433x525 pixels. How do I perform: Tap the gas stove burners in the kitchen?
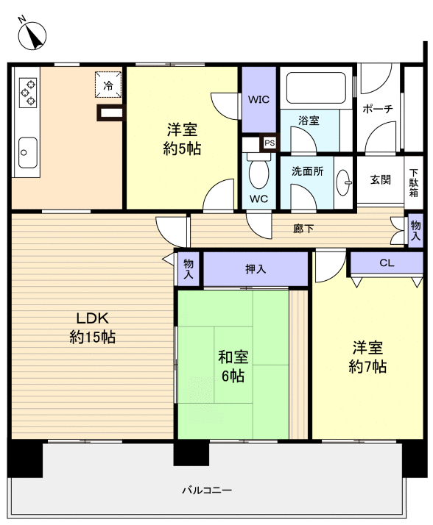click(x=27, y=93)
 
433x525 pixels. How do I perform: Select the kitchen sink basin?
click(x=27, y=152)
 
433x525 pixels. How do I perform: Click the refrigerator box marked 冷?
click(x=108, y=85)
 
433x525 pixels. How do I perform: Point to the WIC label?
click(x=258, y=99)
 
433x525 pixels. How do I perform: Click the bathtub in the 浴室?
click(x=316, y=88)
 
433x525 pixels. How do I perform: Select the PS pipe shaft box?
click(x=270, y=143)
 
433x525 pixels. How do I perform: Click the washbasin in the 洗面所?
click(x=343, y=182)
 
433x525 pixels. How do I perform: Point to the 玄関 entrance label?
click(x=380, y=180)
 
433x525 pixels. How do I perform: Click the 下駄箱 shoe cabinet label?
click(x=414, y=183)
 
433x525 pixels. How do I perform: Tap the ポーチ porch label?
click(x=378, y=109)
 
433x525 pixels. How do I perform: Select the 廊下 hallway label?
click(x=303, y=229)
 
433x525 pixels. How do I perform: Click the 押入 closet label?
click(x=256, y=269)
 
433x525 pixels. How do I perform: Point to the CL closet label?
click(x=387, y=262)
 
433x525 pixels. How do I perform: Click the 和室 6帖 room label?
click(x=233, y=366)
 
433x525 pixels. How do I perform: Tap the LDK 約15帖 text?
click(x=93, y=327)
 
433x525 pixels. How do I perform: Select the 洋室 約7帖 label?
click(x=367, y=357)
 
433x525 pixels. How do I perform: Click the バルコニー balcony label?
click(x=207, y=490)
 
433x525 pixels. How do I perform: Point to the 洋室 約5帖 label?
click(x=182, y=139)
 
